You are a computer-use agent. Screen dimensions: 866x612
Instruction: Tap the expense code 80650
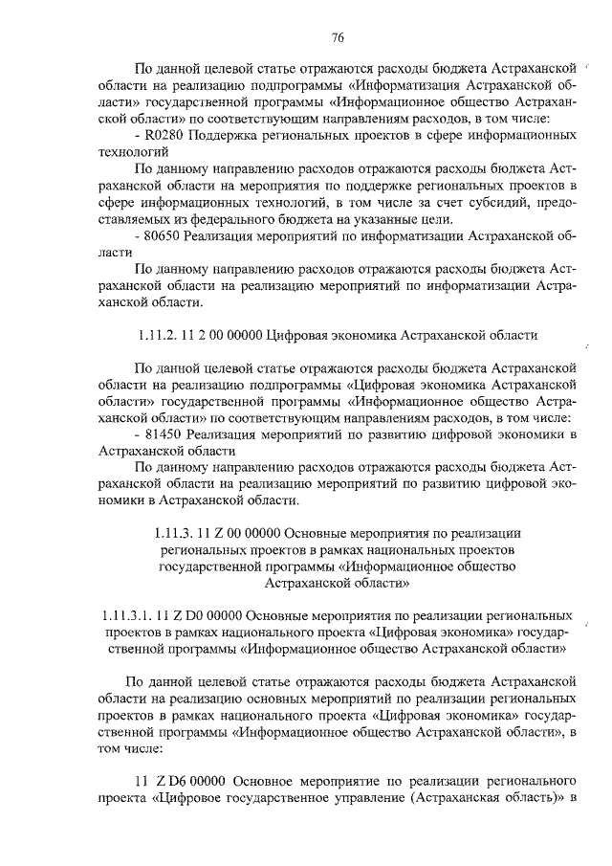(x=164, y=235)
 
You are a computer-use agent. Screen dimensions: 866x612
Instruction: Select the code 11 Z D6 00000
(x=181, y=781)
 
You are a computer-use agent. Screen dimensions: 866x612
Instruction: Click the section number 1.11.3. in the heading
(x=176, y=533)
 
